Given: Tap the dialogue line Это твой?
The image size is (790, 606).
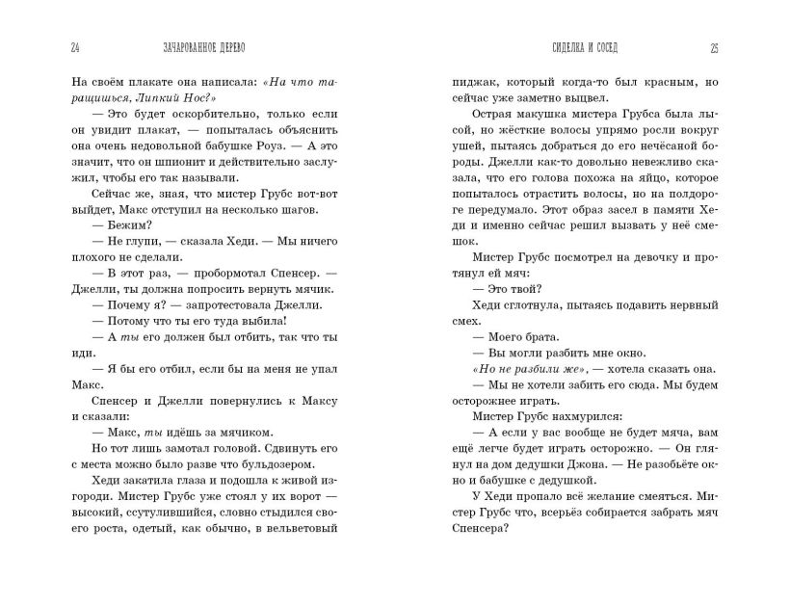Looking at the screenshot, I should [x=509, y=284].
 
